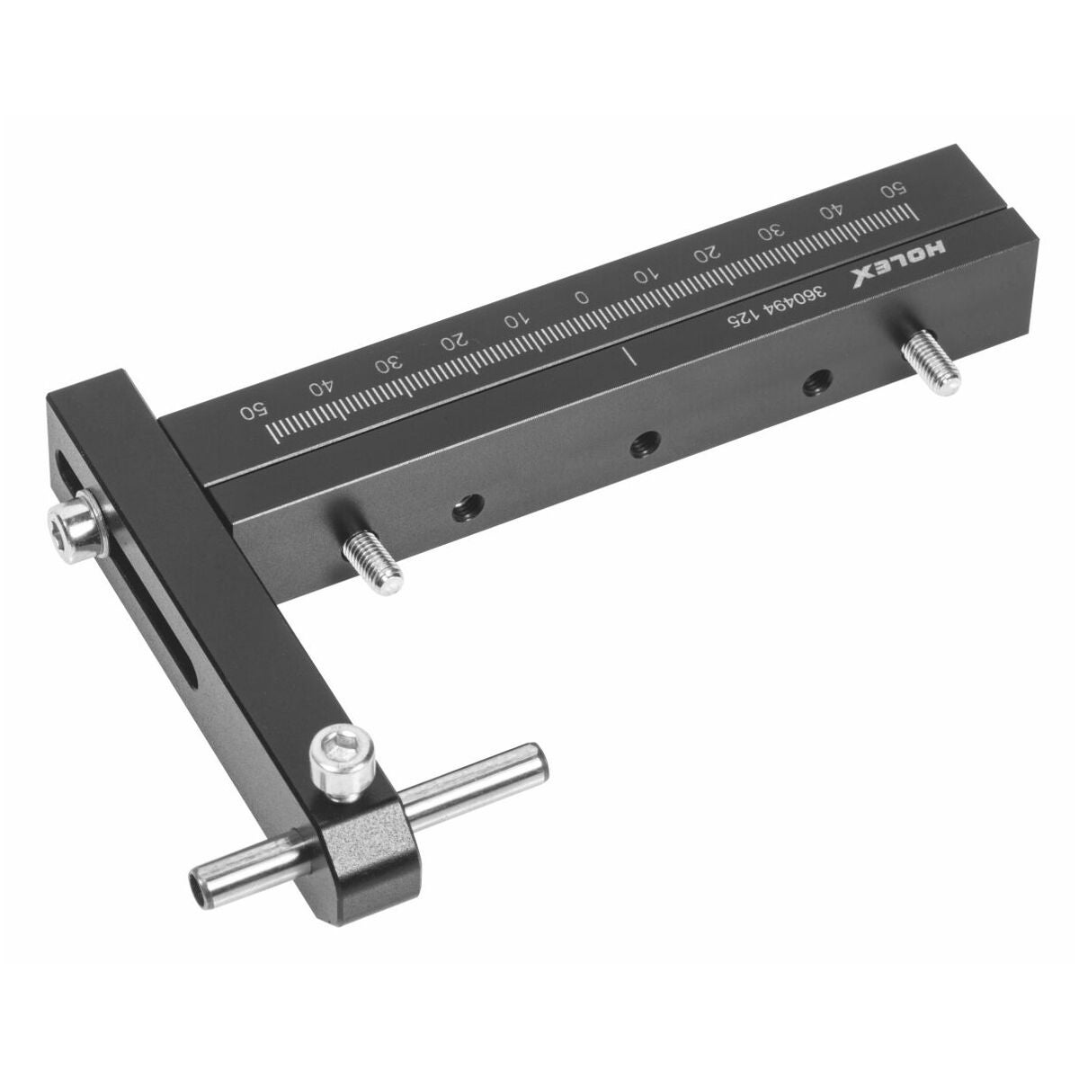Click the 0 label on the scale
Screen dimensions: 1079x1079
coord(583,296)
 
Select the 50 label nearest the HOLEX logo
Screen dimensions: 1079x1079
coord(892,189)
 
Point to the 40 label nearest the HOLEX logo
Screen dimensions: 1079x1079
coord(831,210)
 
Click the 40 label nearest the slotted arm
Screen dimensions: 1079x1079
coord(323,388)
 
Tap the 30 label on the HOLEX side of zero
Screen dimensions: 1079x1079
coord(770,232)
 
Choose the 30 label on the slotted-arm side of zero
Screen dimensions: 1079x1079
coord(389,364)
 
